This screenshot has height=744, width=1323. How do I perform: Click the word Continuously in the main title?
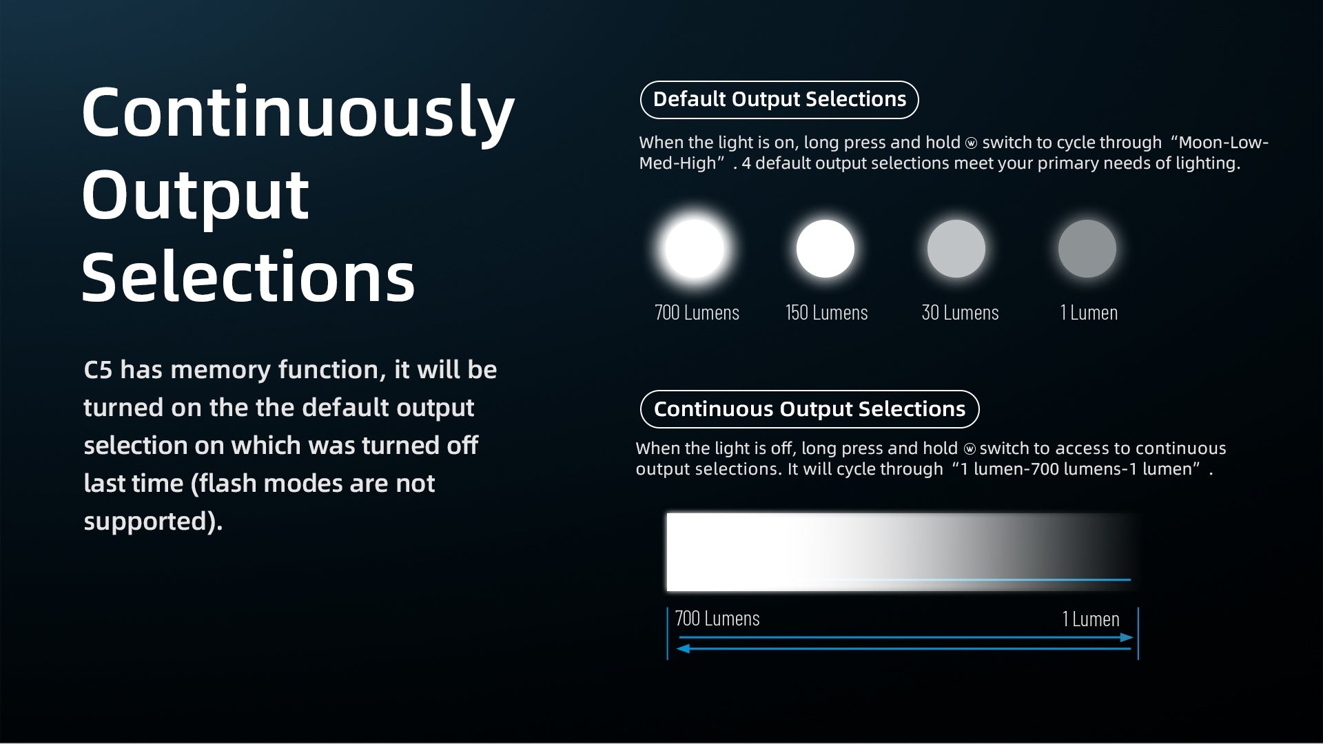(x=298, y=114)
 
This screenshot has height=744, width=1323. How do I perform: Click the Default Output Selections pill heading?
(x=779, y=100)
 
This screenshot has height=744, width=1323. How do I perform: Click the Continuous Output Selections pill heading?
(x=810, y=409)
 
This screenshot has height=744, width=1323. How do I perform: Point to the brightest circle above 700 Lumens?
(x=695, y=249)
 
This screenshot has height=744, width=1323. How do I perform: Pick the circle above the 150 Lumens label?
(x=825, y=249)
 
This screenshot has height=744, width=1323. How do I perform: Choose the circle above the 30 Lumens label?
(x=956, y=249)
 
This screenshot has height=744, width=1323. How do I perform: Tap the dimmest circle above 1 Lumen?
(x=1087, y=249)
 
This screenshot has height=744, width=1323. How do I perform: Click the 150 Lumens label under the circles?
(x=827, y=313)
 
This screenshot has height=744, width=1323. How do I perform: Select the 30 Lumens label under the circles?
(x=960, y=313)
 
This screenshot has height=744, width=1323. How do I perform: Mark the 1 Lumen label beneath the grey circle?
(x=1089, y=313)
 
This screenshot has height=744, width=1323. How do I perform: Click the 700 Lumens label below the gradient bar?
(x=717, y=619)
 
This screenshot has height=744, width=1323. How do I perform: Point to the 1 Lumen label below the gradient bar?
(x=1091, y=619)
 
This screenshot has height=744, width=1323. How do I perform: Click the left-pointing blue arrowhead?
(x=684, y=648)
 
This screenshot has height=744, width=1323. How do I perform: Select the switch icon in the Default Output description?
(x=971, y=143)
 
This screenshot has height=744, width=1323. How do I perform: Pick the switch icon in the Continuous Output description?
(x=970, y=449)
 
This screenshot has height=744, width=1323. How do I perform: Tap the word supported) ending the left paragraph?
(x=153, y=521)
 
